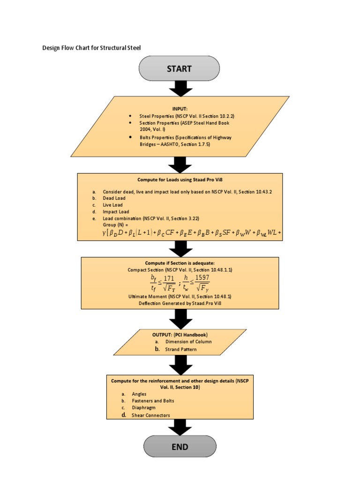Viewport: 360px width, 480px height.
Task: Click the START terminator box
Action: [179, 69]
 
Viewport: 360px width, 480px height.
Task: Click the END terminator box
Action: [179, 447]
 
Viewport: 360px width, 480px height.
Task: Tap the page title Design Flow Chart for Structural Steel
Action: [91, 48]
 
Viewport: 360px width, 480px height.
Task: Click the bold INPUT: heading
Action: [180, 108]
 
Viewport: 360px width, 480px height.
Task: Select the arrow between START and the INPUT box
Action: [179, 89]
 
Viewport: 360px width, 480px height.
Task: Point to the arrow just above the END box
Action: [179, 427]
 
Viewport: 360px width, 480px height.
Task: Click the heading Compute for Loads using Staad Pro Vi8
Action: [180, 180]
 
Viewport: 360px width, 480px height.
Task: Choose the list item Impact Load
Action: [116, 211]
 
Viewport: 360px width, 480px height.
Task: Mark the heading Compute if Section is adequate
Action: [180, 263]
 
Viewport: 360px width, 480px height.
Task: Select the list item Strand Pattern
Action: [181, 349]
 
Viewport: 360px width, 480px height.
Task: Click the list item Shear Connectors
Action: [150, 415]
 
